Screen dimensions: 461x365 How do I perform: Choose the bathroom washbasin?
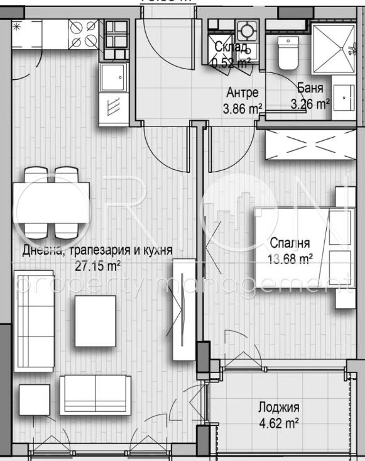point(343,98)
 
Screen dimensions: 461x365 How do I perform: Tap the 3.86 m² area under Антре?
point(242,109)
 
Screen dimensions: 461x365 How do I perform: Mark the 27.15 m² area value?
point(97,265)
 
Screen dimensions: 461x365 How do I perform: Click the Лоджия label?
point(277,407)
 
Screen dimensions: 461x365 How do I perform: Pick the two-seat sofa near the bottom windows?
point(95,395)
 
